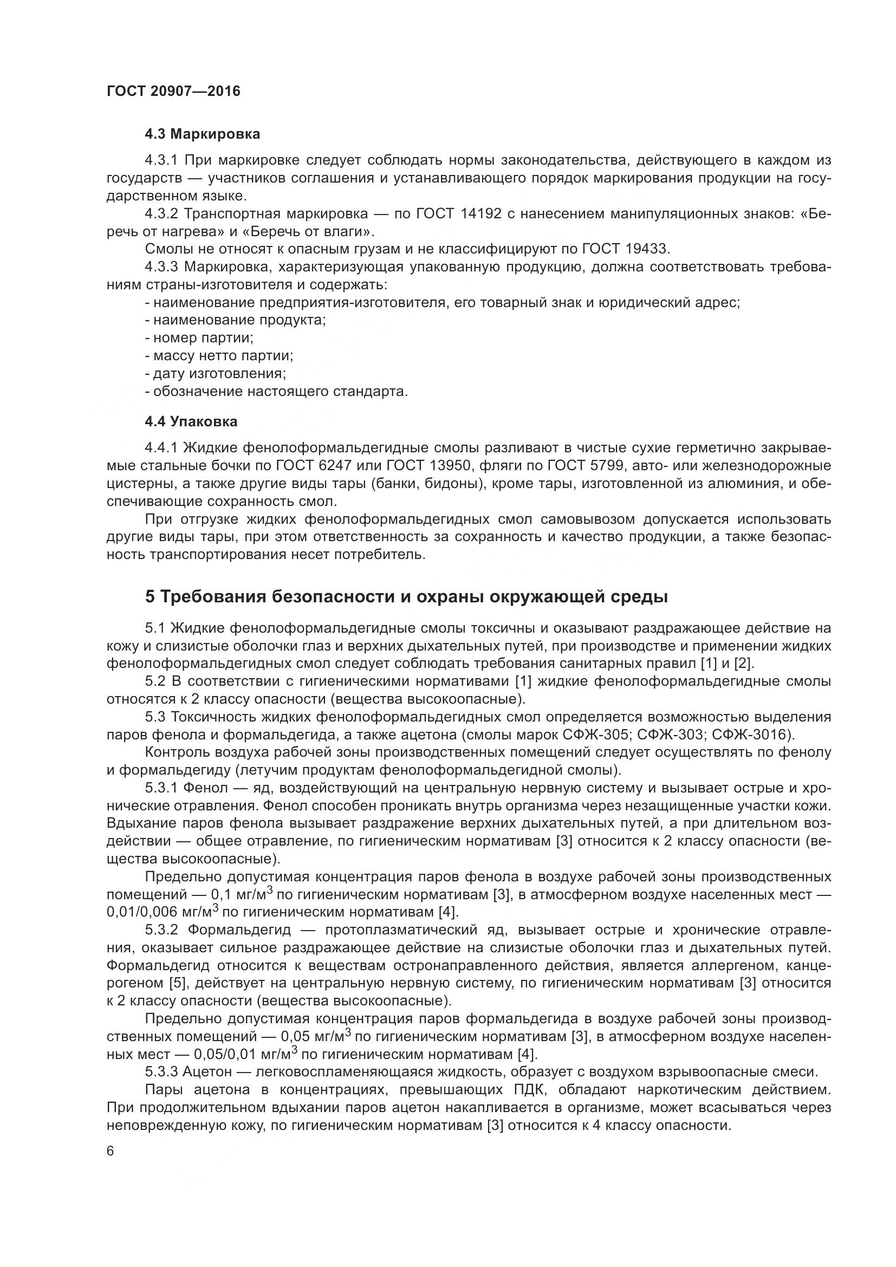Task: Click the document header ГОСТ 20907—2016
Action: click(173, 91)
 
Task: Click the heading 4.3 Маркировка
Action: click(202, 134)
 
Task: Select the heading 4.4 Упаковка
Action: click(191, 421)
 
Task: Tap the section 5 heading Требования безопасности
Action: click(406, 596)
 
